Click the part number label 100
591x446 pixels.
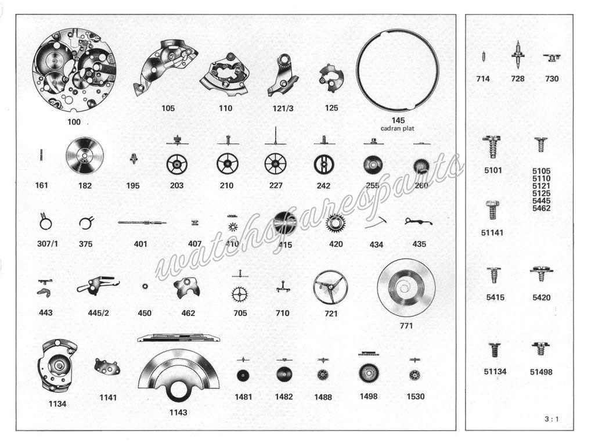pyautogui.click(x=74, y=123)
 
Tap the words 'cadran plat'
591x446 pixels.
pyautogui.click(x=398, y=128)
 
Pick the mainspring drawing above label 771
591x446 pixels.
pyautogui.click(x=406, y=287)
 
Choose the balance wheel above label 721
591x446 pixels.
pyautogui.click(x=330, y=287)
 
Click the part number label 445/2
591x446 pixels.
pyautogui.click(x=98, y=313)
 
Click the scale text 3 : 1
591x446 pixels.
pyautogui.click(x=553, y=419)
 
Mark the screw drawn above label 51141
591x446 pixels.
pyautogui.click(x=492, y=210)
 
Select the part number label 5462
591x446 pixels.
pyautogui.click(x=541, y=208)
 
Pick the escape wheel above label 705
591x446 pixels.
pyautogui.click(x=239, y=294)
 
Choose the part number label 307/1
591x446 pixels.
pyautogui.click(x=47, y=244)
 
